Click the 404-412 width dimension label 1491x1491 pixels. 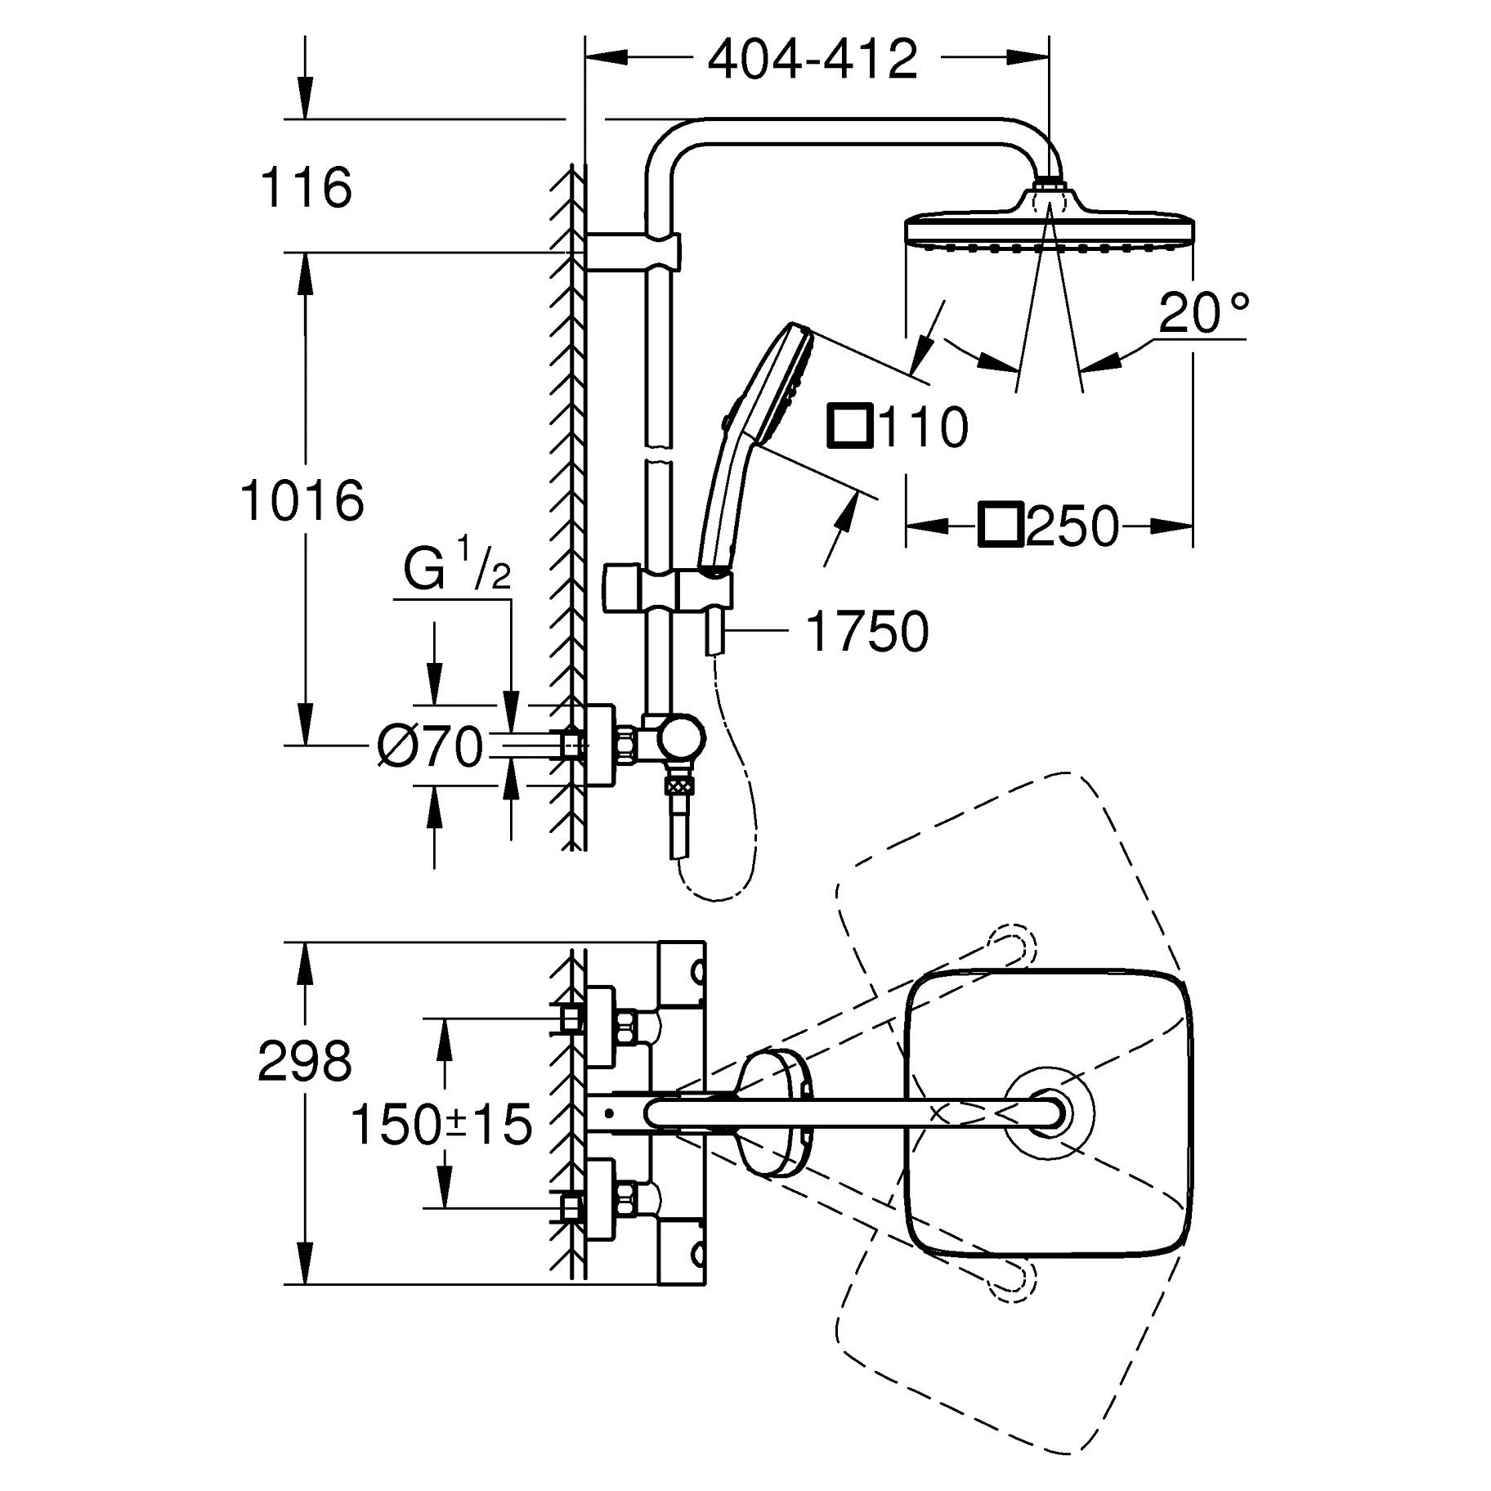coord(812,59)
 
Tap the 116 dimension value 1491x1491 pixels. coord(305,187)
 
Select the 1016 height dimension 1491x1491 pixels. coord(302,500)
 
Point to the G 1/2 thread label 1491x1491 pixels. coord(456,571)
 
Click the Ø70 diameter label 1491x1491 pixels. coord(430,747)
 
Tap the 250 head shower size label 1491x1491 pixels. coord(1072,526)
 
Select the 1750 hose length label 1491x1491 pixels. coord(867,631)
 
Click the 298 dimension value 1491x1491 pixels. coord(304,1061)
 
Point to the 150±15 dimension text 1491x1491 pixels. coord(441,1124)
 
